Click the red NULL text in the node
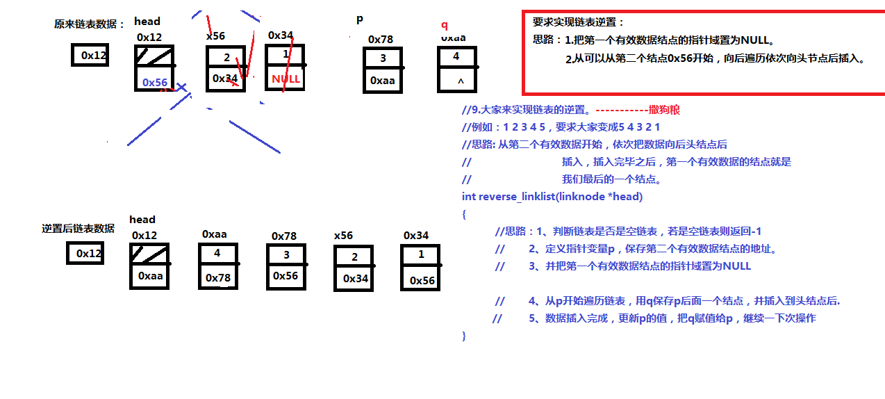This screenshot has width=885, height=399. coord(286,79)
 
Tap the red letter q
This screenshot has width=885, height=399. coord(445,25)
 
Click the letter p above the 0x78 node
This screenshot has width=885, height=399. coord(360,19)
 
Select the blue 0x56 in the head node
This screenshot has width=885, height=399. coord(155,82)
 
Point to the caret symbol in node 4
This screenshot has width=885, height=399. coord(459,82)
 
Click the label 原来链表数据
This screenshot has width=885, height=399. coord(89,24)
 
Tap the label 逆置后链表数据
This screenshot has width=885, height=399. coord(78,229)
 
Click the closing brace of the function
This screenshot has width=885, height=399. coord(464,336)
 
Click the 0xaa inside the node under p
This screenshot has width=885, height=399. coord(382,81)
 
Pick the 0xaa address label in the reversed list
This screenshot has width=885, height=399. coord(215,234)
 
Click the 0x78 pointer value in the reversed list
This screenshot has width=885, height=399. coord(217,278)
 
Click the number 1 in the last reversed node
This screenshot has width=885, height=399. coord(421,254)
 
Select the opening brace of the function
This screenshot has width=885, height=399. coord(464,215)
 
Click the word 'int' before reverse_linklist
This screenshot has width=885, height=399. coord(469,197)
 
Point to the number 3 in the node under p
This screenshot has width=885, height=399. coord(383,58)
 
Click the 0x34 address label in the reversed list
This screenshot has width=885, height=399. coord(416,236)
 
